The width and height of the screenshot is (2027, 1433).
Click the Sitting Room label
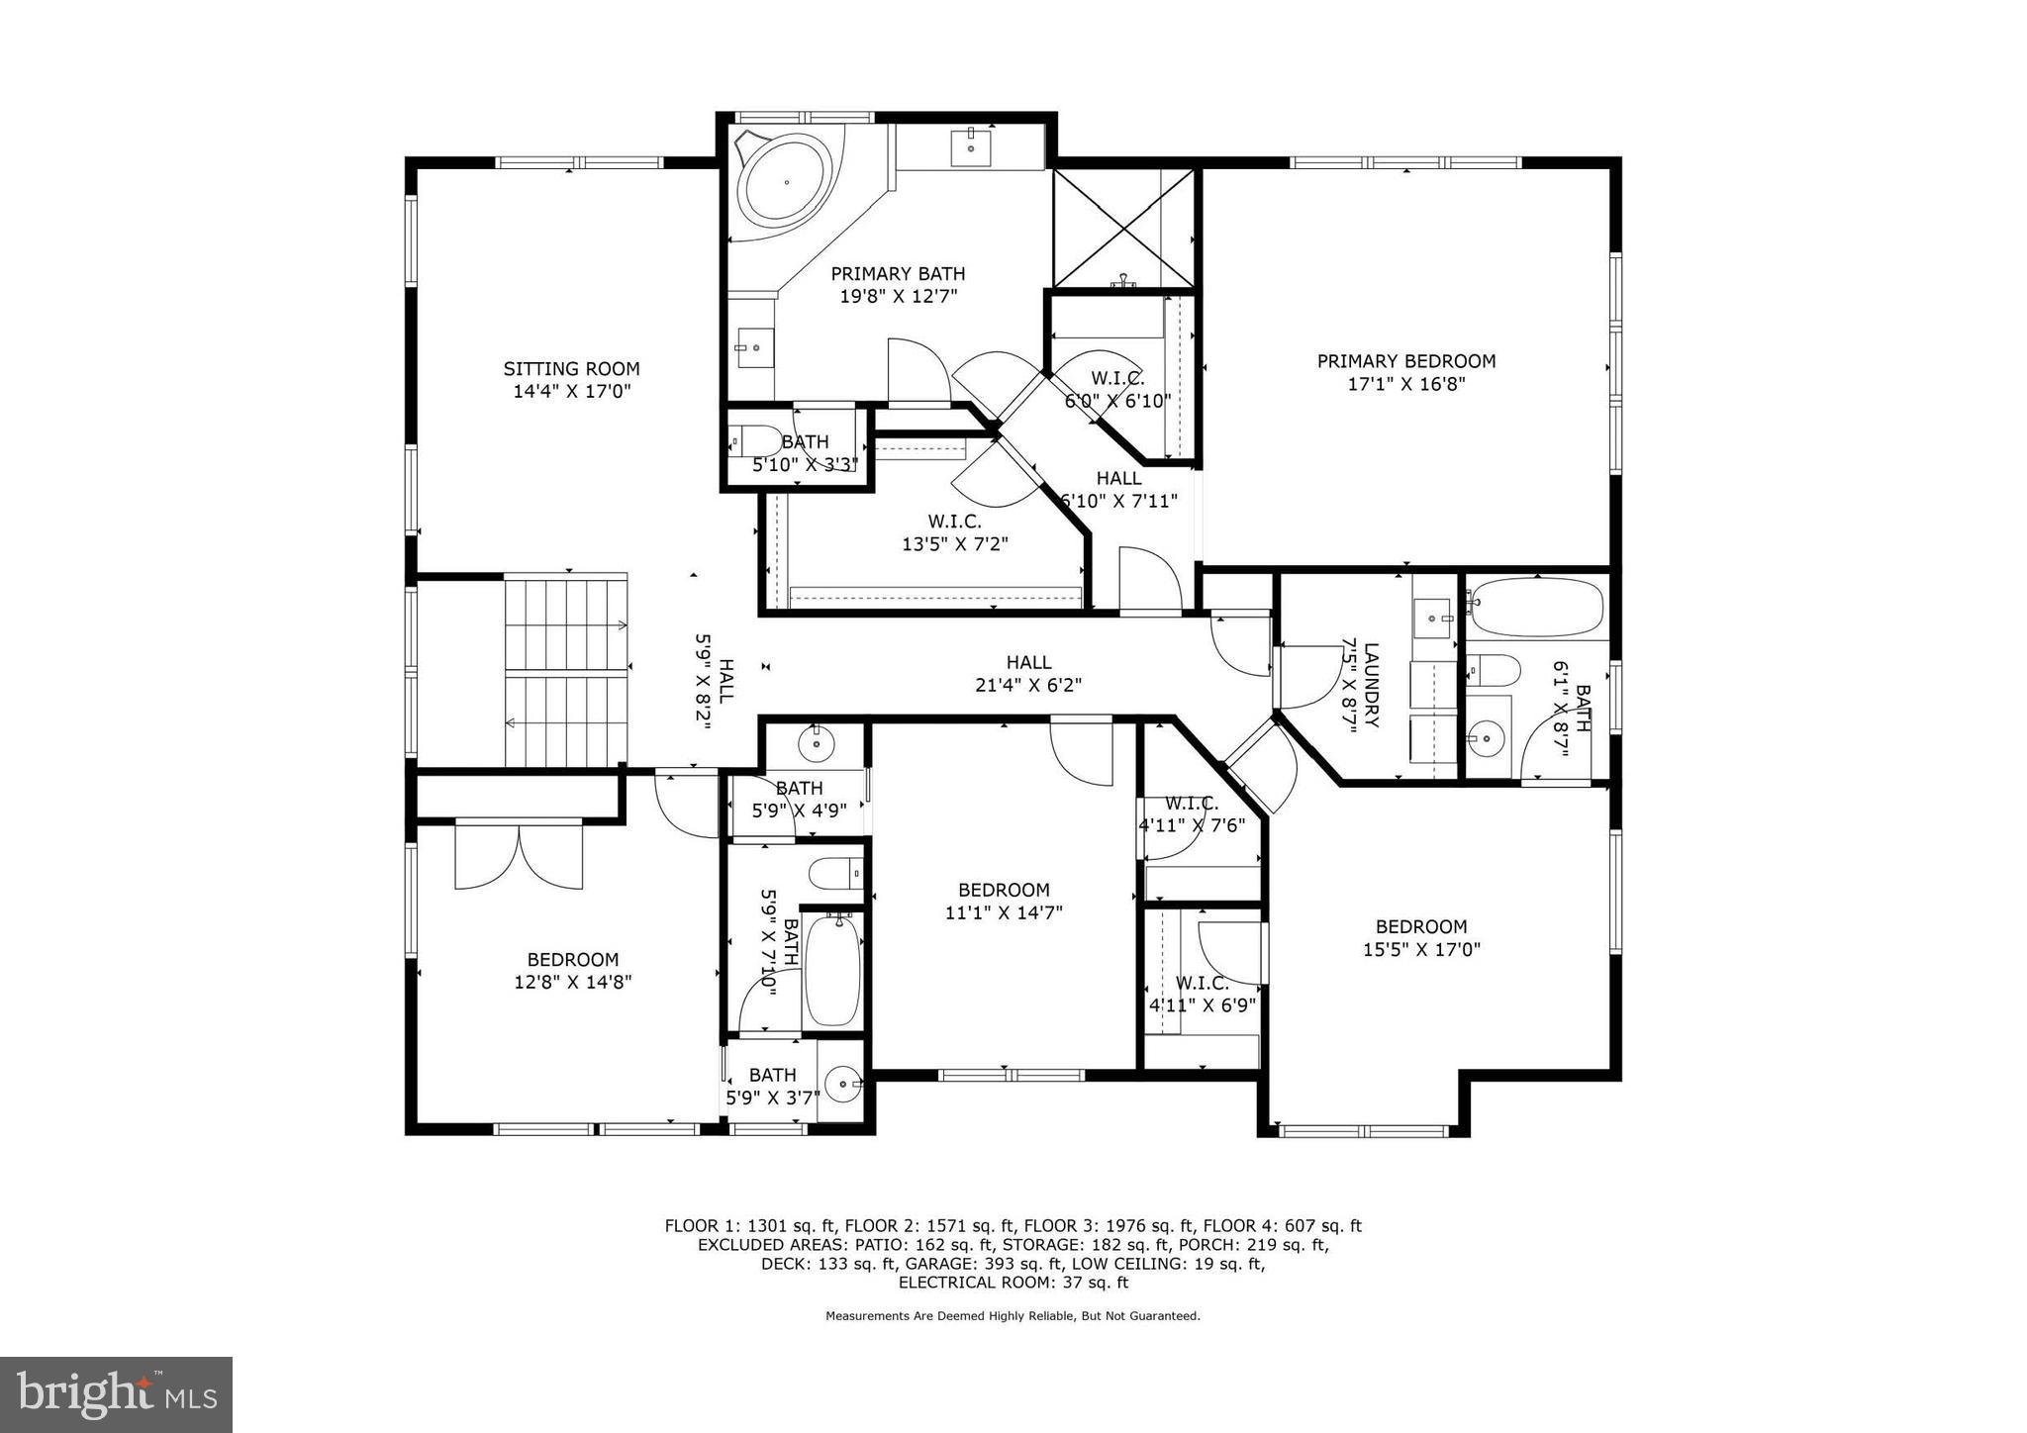571,369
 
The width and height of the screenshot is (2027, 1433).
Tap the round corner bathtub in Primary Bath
787,183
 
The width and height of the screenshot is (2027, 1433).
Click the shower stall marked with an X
1123,229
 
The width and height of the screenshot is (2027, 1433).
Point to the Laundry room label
1371,685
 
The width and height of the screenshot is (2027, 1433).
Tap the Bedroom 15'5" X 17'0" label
1420,927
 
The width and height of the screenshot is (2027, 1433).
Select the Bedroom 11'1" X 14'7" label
1003,891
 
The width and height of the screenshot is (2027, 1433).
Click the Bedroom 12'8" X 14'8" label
572,960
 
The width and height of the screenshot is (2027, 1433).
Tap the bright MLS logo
116,1394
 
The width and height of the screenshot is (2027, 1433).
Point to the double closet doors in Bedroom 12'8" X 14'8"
518,857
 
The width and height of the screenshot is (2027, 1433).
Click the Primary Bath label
897,274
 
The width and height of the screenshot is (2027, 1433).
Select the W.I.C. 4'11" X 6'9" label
1202,984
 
